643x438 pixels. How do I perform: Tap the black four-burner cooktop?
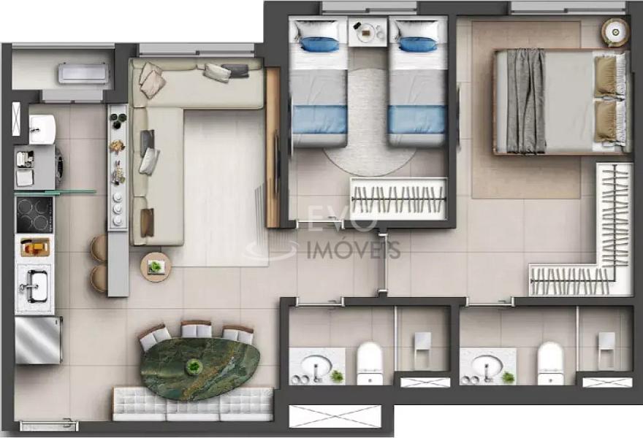click(34, 215)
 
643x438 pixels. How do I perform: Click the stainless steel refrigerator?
click(38, 340)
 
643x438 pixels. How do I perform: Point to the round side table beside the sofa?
click(156, 266)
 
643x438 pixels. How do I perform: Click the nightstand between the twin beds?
click(368, 31)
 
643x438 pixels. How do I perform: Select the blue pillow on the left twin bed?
click(319, 45)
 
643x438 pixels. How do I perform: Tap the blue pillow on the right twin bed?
click(416, 45)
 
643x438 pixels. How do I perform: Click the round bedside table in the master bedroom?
click(615, 32)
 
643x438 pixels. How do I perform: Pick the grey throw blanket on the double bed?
click(526, 101)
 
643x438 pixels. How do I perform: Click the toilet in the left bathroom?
click(370, 363)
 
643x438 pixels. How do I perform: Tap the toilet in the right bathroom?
click(551, 363)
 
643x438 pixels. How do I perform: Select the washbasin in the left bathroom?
click(316, 365)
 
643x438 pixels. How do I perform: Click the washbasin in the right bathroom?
click(487, 365)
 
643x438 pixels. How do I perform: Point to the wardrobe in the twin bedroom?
click(399, 199)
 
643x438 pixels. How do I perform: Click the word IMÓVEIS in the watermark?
click(354, 250)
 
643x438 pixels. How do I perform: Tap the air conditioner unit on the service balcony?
click(83, 74)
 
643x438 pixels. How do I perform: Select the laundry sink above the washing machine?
click(42, 128)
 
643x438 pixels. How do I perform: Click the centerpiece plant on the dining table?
click(192, 366)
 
